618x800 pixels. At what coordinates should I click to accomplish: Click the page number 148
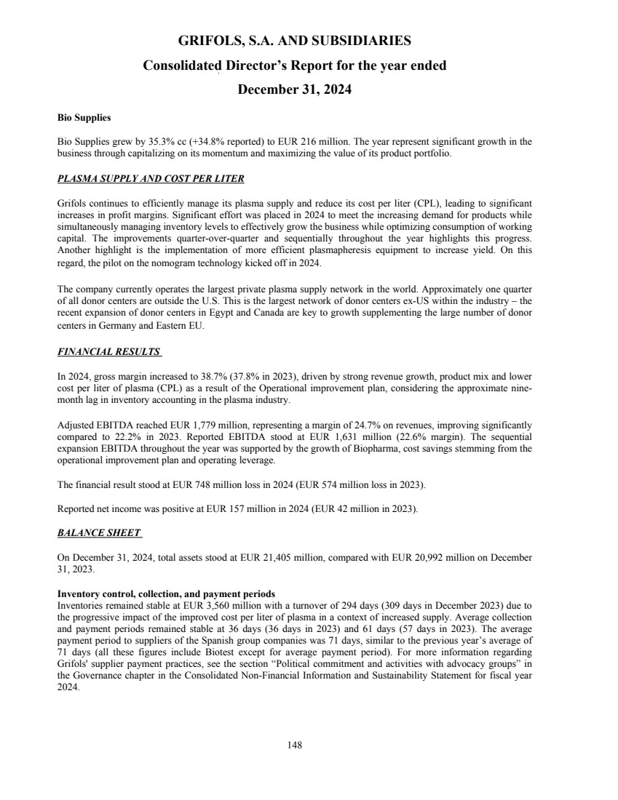295,745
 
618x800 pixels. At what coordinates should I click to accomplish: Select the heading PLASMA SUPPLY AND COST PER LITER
150,179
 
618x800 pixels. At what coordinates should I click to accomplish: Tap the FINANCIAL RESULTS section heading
108,352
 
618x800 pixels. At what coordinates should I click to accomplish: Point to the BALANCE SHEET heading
98,533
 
